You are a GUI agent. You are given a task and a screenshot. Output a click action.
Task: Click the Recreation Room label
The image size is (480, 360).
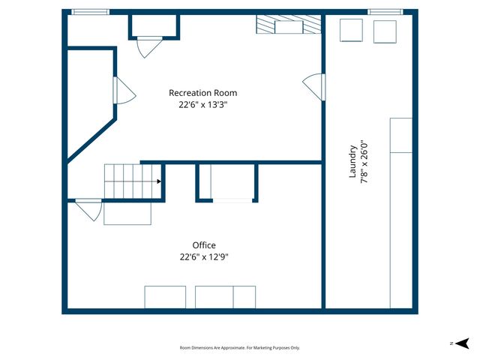(202, 93)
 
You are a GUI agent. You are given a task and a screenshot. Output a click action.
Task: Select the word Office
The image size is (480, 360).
(203, 245)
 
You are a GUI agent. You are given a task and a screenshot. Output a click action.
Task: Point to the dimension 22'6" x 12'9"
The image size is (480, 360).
(203, 256)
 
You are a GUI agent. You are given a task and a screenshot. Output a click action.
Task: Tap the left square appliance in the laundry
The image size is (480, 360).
(352, 31)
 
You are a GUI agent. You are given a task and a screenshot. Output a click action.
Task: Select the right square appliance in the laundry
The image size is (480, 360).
(385, 31)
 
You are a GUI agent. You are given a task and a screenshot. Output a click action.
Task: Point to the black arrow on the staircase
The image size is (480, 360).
(159, 181)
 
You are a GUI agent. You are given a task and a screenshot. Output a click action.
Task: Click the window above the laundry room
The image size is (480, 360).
(385, 11)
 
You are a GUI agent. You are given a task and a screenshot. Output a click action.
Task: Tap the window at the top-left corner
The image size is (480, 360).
(90, 11)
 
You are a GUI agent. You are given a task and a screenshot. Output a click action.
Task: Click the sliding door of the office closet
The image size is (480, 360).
(232, 200)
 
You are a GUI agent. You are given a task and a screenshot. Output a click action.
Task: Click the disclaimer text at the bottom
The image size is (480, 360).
(240, 348)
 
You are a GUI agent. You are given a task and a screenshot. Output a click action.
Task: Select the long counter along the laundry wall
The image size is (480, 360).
(400, 212)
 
